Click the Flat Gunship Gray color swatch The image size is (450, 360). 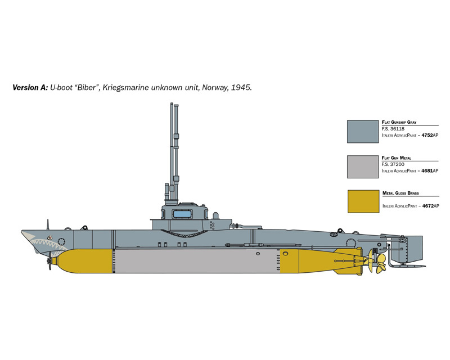[x=363, y=132]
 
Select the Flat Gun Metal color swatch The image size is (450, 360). [x=363, y=167]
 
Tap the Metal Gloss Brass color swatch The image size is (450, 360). [x=363, y=201]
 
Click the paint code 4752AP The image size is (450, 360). [x=430, y=135]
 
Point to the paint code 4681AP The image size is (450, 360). [x=430, y=171]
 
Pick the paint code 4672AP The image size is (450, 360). [x=431, y=206]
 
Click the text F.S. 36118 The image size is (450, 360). [x=393, y=129]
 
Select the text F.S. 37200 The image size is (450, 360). [x=393, y=164]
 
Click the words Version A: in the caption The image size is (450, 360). [x=30, y=88]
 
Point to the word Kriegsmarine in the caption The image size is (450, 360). [x=125, y=88]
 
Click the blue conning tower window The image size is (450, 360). [x=182, y=214]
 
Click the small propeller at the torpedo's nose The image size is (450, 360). [x=49, y=261]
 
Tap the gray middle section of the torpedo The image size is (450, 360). [x=196, y=261]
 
